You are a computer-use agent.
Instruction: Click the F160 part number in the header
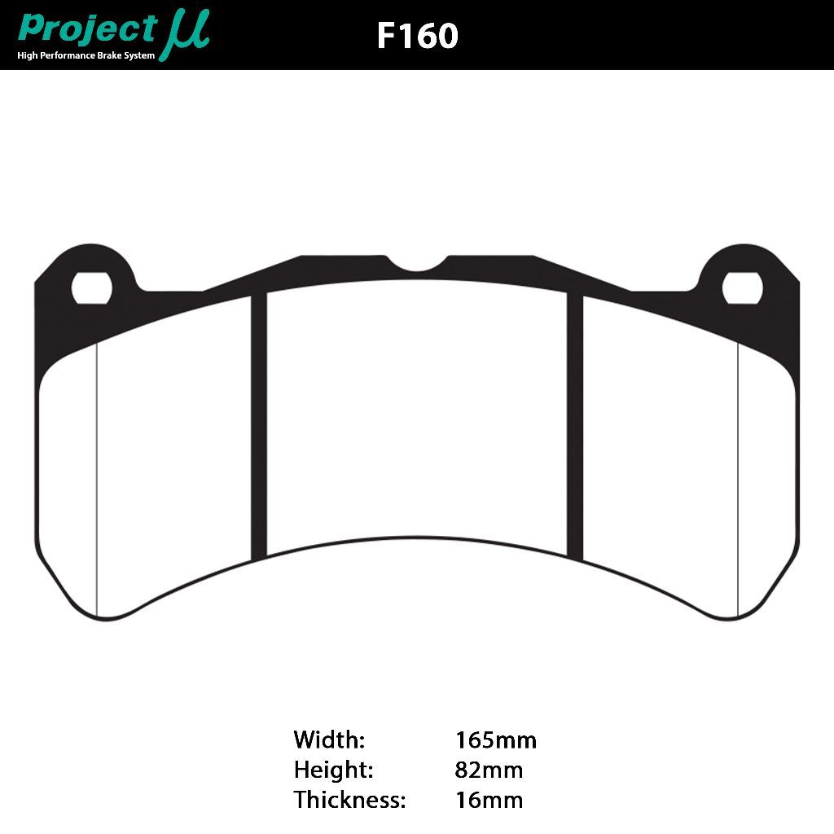(x=417, y=36)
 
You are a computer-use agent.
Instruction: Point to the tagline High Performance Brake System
(x=86, y=55)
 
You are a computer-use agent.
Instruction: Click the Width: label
(x=329, y=740)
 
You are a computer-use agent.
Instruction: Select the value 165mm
(x=495, y=740)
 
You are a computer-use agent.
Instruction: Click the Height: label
(x=333, y=770)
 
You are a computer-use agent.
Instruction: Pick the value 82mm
(x=489, y=770)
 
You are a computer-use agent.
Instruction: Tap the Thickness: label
(x=349, y=800)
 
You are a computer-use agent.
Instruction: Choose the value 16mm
(x=489, y=800)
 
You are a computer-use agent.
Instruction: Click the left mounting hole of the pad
(x=91, y=287)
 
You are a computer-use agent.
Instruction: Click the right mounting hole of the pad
(x=742, y=287)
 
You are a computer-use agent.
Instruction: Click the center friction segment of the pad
(x=417, y=415)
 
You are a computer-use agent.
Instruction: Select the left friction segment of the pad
(x=171, y=456)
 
